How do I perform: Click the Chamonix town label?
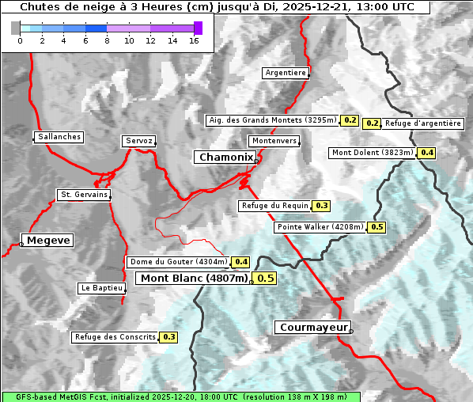pos(225,157)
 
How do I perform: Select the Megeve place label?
pos(48,240)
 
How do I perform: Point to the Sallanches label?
pos(59,137)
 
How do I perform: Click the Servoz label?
pos(138,141)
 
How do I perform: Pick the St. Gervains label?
pos(84,195)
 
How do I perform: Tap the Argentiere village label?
pos(286,73)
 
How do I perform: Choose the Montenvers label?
pos(274,141)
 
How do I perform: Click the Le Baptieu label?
pos(101,288)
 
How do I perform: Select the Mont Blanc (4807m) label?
pos(194,278)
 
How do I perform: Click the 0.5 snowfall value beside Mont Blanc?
pos(266,278)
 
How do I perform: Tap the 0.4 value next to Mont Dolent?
pos(427,152)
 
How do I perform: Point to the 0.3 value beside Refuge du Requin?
pos(322,206)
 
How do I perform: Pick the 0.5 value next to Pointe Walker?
pos(377,227)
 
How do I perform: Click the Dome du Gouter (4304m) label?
pos(178,262)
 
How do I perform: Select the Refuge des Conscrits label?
pos(115,337)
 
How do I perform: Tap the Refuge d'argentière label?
pos(423,123)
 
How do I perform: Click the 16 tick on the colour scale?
pos(194,40)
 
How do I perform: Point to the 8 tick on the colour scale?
pos(107,40)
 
